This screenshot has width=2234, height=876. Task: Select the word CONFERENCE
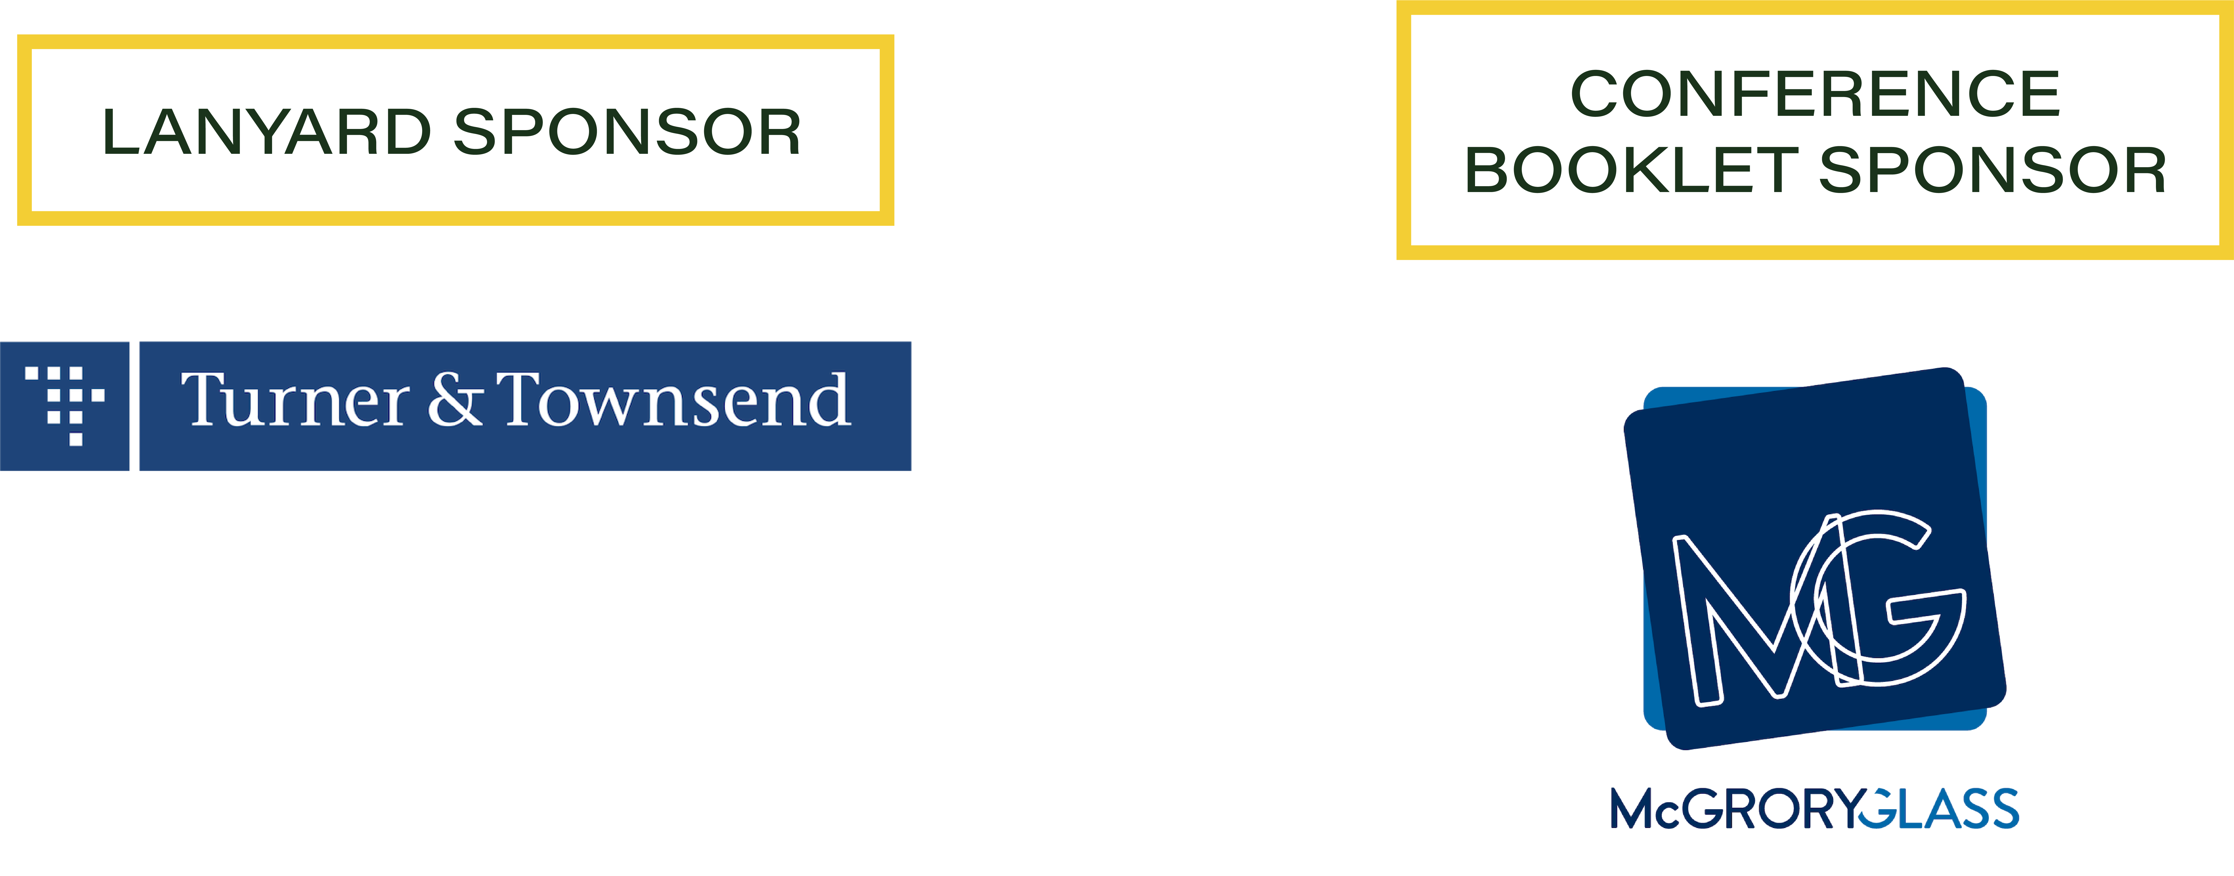(1815, 94)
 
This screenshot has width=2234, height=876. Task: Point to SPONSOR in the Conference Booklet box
(1992, 170)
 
